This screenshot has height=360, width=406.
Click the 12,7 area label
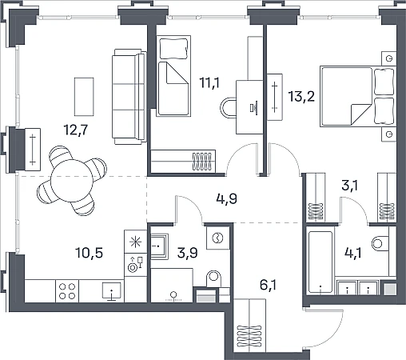(76, 130)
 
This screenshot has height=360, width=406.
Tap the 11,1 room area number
(209, 82)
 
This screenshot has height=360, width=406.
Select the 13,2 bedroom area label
(301, 96)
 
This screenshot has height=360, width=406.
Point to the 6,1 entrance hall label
(268, 285)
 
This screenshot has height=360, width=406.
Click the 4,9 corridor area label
(227, 198)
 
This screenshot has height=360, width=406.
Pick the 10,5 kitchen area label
(90, 253)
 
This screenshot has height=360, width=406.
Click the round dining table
(72, 180)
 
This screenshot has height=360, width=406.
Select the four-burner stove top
(67, 291)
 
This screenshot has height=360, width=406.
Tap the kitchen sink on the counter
(112, 291)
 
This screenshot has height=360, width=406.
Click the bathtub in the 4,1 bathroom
(320, 262)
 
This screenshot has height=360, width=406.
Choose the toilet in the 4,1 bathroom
(380, 243)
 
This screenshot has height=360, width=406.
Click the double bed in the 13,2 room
(358, 97)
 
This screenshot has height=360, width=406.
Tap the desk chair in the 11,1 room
(228, 108)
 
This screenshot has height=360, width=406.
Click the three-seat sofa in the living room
(129, 97)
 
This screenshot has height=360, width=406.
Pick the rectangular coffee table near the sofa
(84, 97)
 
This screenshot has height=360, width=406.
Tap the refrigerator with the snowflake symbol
(135, 242)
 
